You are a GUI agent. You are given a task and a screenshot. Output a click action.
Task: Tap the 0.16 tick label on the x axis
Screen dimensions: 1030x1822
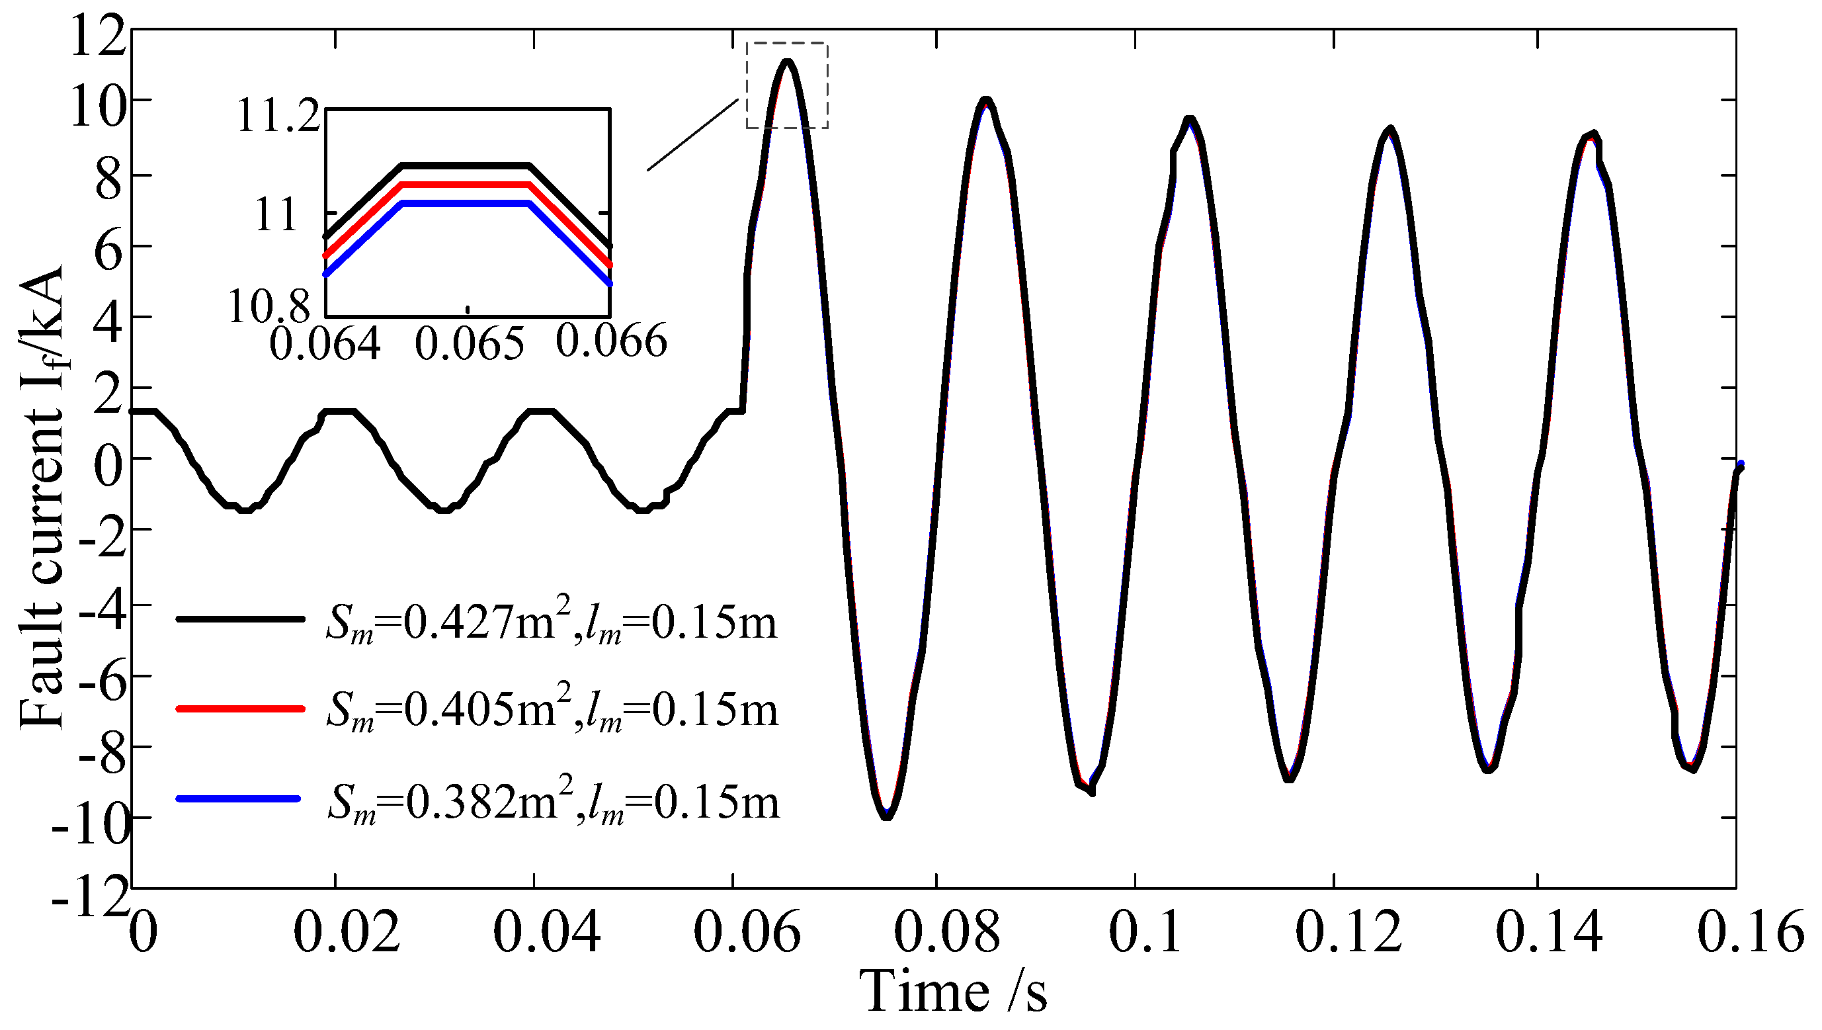tap(1750, 931)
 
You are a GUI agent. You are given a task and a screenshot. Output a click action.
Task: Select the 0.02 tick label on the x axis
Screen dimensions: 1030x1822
tap(347, 931)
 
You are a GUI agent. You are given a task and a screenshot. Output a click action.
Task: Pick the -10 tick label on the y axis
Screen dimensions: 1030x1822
tap(91, 825)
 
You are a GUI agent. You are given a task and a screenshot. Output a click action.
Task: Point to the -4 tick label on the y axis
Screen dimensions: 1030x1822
tap(103, 610)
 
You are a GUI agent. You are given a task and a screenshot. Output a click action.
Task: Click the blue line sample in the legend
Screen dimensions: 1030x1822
tap(238, 798)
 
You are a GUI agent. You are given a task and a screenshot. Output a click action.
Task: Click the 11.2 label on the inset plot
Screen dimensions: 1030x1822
tap(278, 116)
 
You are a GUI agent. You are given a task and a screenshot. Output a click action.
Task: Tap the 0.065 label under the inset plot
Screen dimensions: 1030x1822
tap(470, 344)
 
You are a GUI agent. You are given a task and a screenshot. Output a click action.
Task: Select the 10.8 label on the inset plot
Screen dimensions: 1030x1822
tap(269, 308)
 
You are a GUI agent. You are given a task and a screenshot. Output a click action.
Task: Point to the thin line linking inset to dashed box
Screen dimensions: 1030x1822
tap(692, 134)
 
